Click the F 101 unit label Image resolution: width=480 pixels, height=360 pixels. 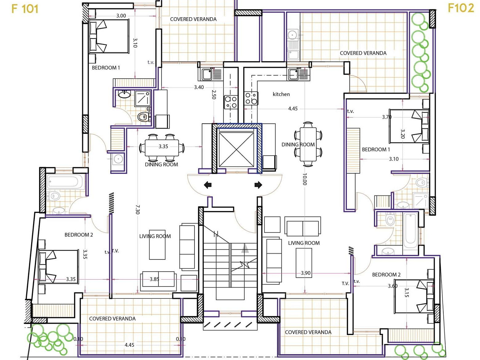pyautogui.click(x=25, y=9)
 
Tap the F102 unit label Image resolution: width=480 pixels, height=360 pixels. pyautogui.click(x=461, y=8)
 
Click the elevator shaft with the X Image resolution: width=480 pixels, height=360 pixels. pyautogui.click(x=236, y=150)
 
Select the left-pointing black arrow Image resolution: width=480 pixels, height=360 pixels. pyautogui.click(x=208, y=185)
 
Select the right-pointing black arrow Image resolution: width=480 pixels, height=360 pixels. pyautogui.click(x=258, y=185)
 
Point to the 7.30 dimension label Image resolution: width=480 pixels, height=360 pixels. pyautogui.click(x=137, y=210)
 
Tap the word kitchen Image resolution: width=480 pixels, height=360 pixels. pyautogui.click(x=281, y=94)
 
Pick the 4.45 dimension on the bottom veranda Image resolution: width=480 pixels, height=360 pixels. pyautogui.click(x=129, y=345)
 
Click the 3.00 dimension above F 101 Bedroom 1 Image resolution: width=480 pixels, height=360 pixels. pyautogui.click(x=121, y=16)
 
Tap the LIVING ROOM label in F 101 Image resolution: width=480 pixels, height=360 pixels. pyautogui.click(x=155, y=236)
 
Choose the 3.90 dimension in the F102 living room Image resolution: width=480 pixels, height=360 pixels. pyautogui.click(x=305, y=273)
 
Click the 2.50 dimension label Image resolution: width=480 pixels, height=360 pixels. pyautogui.click(x=214, y=94)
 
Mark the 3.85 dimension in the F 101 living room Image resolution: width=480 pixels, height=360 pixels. pyautogui.click(x=154, y=279)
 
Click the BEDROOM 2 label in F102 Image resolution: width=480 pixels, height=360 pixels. pyautogui.click(x=386, y=274)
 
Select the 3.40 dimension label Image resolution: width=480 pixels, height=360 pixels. pyautogui.click(x=199, y=87)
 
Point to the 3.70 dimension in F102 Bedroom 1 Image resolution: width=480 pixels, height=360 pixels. pyautogui.click(x=387, y=117)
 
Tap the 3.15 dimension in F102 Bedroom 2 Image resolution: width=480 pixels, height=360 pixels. pyautogui.click(x=407, y=292)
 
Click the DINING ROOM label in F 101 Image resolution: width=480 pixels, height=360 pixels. pyautogui.click(x=161, y=164)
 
